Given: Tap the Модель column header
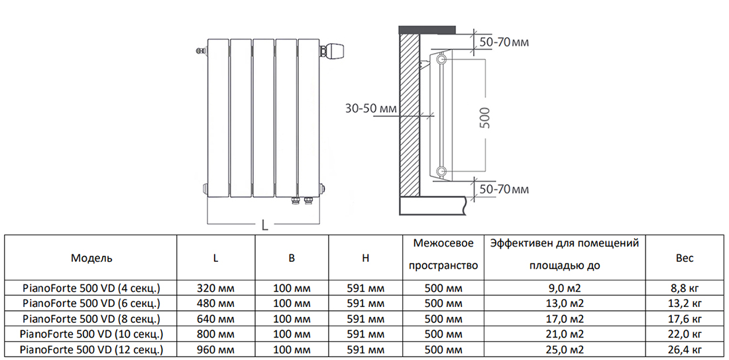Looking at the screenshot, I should point(91,258).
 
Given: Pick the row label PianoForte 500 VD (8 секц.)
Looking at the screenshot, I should point(91,319).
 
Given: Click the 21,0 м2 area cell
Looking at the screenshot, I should point(565,334).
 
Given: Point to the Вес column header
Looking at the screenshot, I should point(685,258).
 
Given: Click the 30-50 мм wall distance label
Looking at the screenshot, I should point(370,108).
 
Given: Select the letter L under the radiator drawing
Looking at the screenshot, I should point(264,225).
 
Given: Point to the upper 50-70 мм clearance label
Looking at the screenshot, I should point(504,42).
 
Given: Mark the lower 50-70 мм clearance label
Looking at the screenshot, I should point(504,190).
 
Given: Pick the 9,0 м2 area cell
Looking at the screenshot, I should point(565,288).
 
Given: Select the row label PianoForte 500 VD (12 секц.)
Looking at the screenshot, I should point(91,349).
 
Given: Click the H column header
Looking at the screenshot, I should point(365,258).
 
